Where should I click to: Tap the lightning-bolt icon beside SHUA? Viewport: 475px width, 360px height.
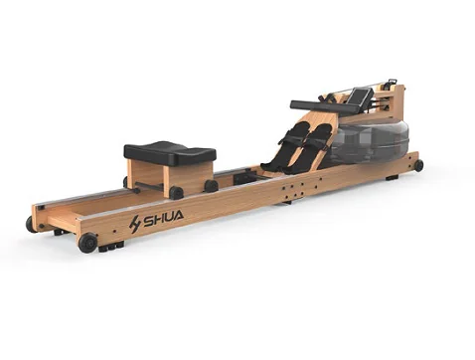135,224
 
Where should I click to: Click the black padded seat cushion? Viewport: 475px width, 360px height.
170,153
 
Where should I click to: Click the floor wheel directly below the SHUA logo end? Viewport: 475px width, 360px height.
87,243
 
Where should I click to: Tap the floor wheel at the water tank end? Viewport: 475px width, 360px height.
418,165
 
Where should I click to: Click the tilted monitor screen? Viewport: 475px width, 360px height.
357,95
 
